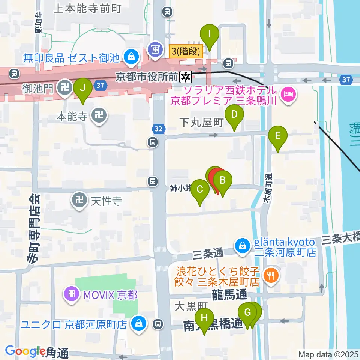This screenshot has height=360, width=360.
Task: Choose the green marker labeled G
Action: coord(247,312)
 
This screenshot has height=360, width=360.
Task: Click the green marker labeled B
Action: coord(222,181)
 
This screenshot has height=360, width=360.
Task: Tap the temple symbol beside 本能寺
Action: coord(99,116)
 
